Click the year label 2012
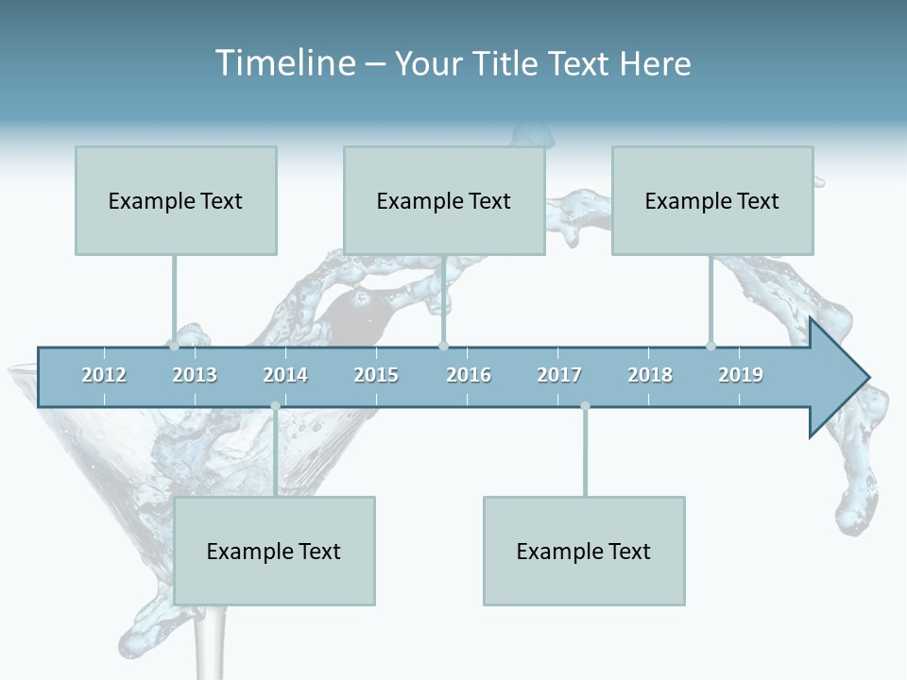coord(104,375)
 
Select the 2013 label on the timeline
coord(195,375)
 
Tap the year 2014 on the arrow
coord(285,375)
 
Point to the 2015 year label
coord(376,375)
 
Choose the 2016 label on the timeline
coord(469,375)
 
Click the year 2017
coord(559,375)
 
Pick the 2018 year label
coord(650,375)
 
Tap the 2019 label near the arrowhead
coord(741,375)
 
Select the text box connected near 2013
coord(176,200)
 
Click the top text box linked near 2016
coord(444,200)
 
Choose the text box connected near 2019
coord(712,200)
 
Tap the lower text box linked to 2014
coord(274,551)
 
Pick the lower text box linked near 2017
coord(584,551)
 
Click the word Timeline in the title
coord(283,63)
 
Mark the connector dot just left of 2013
coord(174,346)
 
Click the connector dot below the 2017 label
coord(585,406)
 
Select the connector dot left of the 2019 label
coord(710,346)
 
